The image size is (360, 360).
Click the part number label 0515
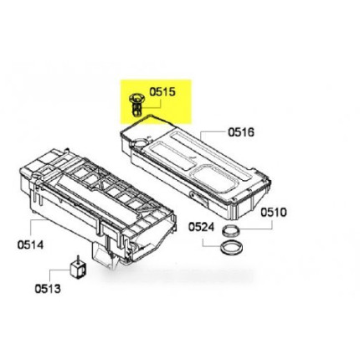162,92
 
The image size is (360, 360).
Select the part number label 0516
241,132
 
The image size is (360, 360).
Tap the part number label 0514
30,244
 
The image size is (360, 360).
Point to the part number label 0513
48,289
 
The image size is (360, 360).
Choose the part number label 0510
274,213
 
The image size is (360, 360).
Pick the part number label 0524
201,227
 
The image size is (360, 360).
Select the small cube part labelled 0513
78,269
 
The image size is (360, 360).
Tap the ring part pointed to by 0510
231,230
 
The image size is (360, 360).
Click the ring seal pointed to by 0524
230,249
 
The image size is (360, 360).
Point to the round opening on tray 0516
139,143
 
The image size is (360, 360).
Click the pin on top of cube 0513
78,258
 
